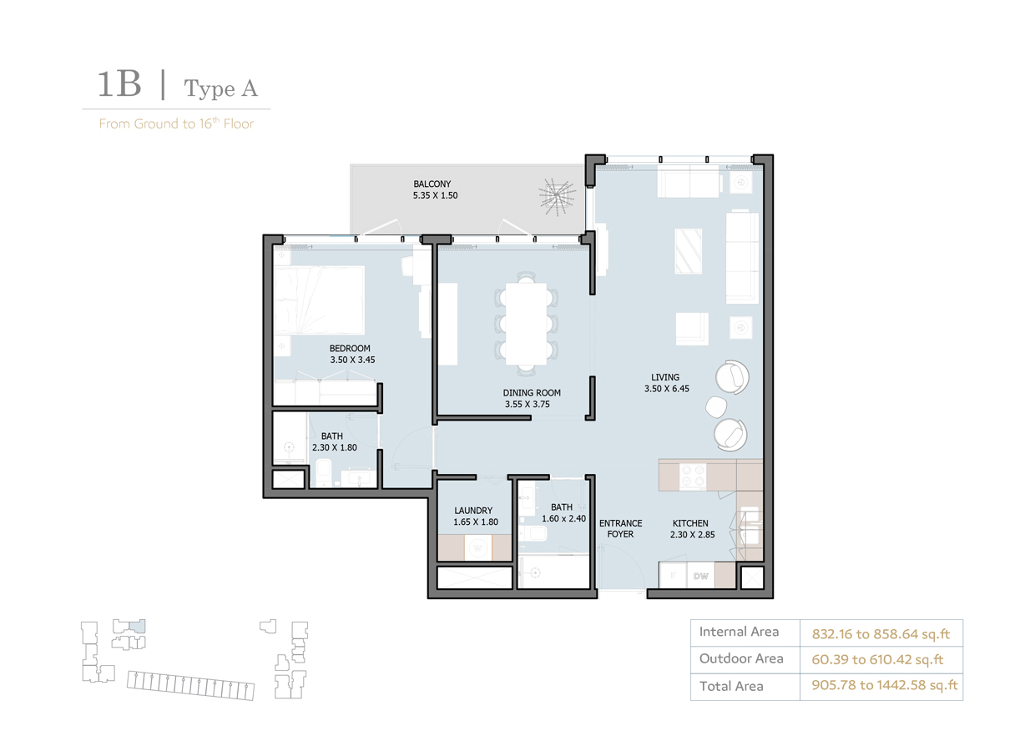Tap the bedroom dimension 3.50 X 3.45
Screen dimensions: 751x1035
tap(350, 361)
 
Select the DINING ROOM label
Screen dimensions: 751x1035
tap(532, 392)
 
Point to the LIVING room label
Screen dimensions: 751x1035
tap(665, 377)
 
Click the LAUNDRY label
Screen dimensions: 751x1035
tap(473, 511)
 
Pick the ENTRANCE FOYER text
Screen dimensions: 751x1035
tap(620, 529)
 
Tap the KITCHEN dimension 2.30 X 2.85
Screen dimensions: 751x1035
tap(692, 536)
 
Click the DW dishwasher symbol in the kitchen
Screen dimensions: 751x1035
tap(701, 577)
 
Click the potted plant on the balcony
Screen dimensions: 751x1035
tap(556, 197)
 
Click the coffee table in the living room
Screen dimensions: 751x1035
tap(689, 251)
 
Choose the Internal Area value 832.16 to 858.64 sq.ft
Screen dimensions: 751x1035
tap(881, 634)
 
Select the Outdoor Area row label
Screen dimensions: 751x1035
tap(741, 658)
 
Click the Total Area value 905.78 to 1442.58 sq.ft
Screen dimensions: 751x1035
tap(885, 686)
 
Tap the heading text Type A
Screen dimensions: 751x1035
tap(221, 88)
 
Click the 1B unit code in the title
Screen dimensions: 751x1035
tap(119, 84)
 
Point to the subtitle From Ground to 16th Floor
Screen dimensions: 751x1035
tap(176, 123)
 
